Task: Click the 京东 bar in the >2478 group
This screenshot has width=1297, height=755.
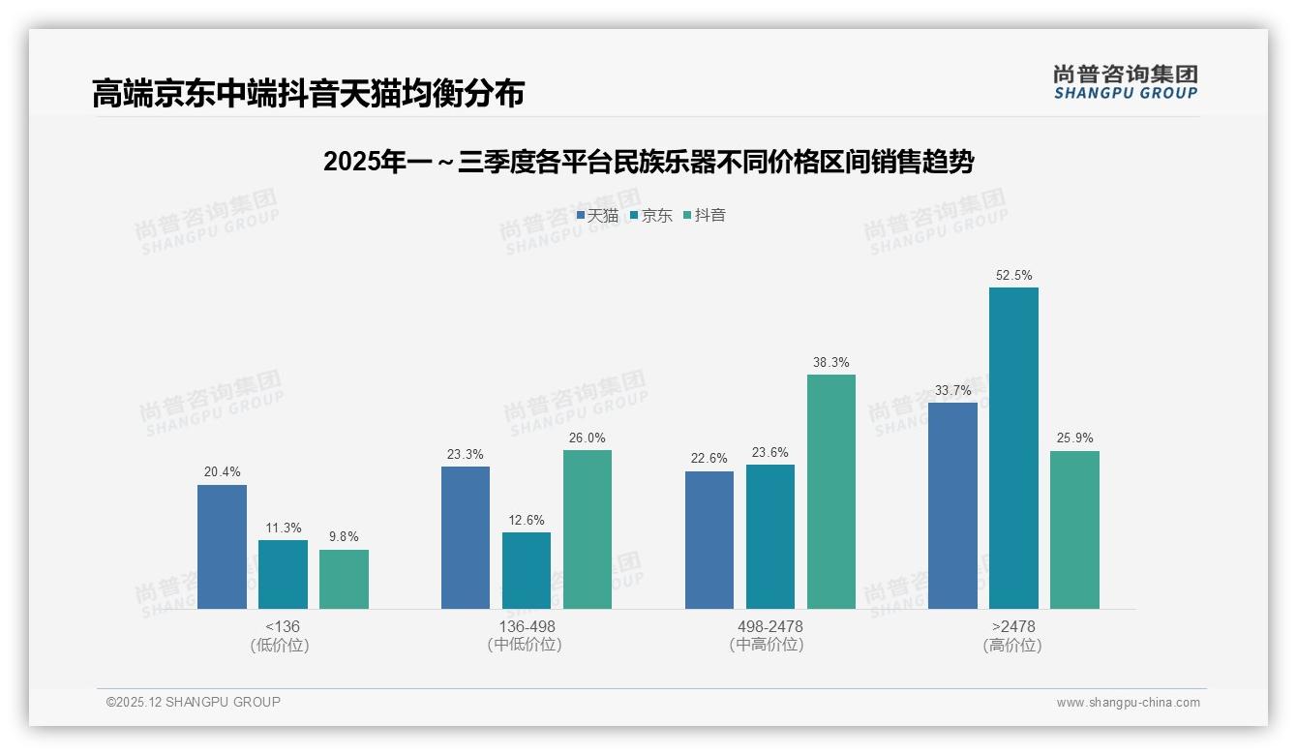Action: (1013, 448)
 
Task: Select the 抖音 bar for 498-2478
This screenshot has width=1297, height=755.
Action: (831, 492)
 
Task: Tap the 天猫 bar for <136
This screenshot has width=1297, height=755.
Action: (222, 547)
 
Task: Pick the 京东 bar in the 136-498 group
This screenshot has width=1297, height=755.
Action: (527, 570)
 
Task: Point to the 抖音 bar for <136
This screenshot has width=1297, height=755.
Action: (344, 579)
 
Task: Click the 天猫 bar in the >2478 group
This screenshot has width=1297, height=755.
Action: (952, 505)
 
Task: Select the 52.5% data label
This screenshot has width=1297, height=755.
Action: (1013, 275)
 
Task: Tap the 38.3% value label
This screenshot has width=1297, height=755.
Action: (830, 363)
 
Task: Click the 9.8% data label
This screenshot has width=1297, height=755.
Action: (344, 537)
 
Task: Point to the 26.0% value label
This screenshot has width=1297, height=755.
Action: (588, 438)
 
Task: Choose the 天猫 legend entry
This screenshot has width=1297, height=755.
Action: (597, 216)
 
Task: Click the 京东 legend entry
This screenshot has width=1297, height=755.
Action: (650, 216)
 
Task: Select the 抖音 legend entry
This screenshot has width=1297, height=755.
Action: (705, 216)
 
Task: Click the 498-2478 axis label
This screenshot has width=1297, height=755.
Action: (769, 627)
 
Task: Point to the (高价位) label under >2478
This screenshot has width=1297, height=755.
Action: (1012, 646)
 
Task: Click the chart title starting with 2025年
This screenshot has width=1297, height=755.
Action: (648, 162)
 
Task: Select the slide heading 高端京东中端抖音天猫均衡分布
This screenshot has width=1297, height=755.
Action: (308, 94)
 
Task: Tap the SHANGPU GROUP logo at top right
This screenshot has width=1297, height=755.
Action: (1125, 82)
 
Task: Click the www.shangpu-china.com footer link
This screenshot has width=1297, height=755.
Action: (1128, 703)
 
